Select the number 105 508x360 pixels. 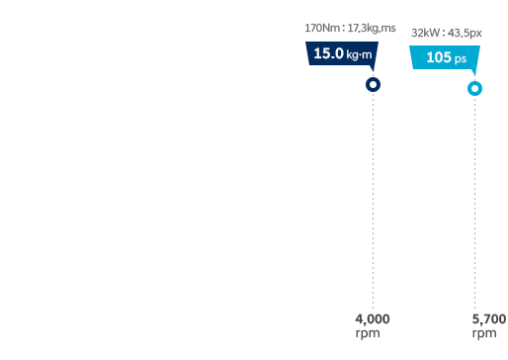[438, 57]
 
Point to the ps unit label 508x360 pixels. [461, 59]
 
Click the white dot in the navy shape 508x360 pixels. [374, 85]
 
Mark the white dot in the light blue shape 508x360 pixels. [475, 89]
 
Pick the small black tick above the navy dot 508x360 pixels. [374, 74]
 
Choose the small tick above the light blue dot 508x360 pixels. [475, 77]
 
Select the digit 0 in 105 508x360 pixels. [438, 57]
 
